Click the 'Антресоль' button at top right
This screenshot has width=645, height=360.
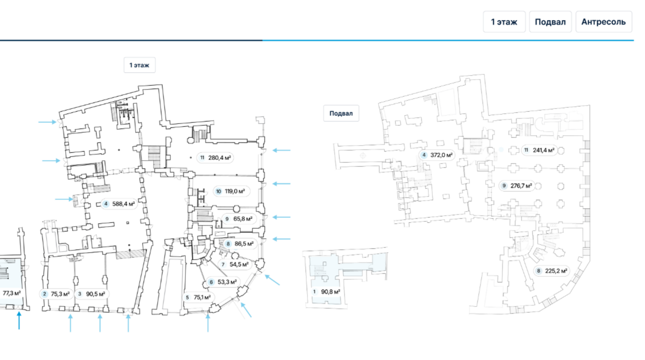click(603, 22)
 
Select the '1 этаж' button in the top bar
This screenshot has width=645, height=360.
click(504, 22)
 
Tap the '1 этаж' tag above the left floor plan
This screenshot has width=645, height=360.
click(139, 65)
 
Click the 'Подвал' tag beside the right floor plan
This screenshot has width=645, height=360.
click(341, 113)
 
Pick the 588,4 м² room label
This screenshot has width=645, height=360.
click(119, 204)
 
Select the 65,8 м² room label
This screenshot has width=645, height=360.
click(238, 218)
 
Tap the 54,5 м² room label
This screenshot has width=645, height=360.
click(234, 264)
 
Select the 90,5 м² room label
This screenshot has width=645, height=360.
click(91, 294)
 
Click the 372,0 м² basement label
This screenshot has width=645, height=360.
click(437, 155)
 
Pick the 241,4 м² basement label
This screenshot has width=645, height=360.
click(539, 150)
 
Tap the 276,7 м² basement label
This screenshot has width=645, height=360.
click(517, 186)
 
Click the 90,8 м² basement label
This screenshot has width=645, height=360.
click(326, 292)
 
